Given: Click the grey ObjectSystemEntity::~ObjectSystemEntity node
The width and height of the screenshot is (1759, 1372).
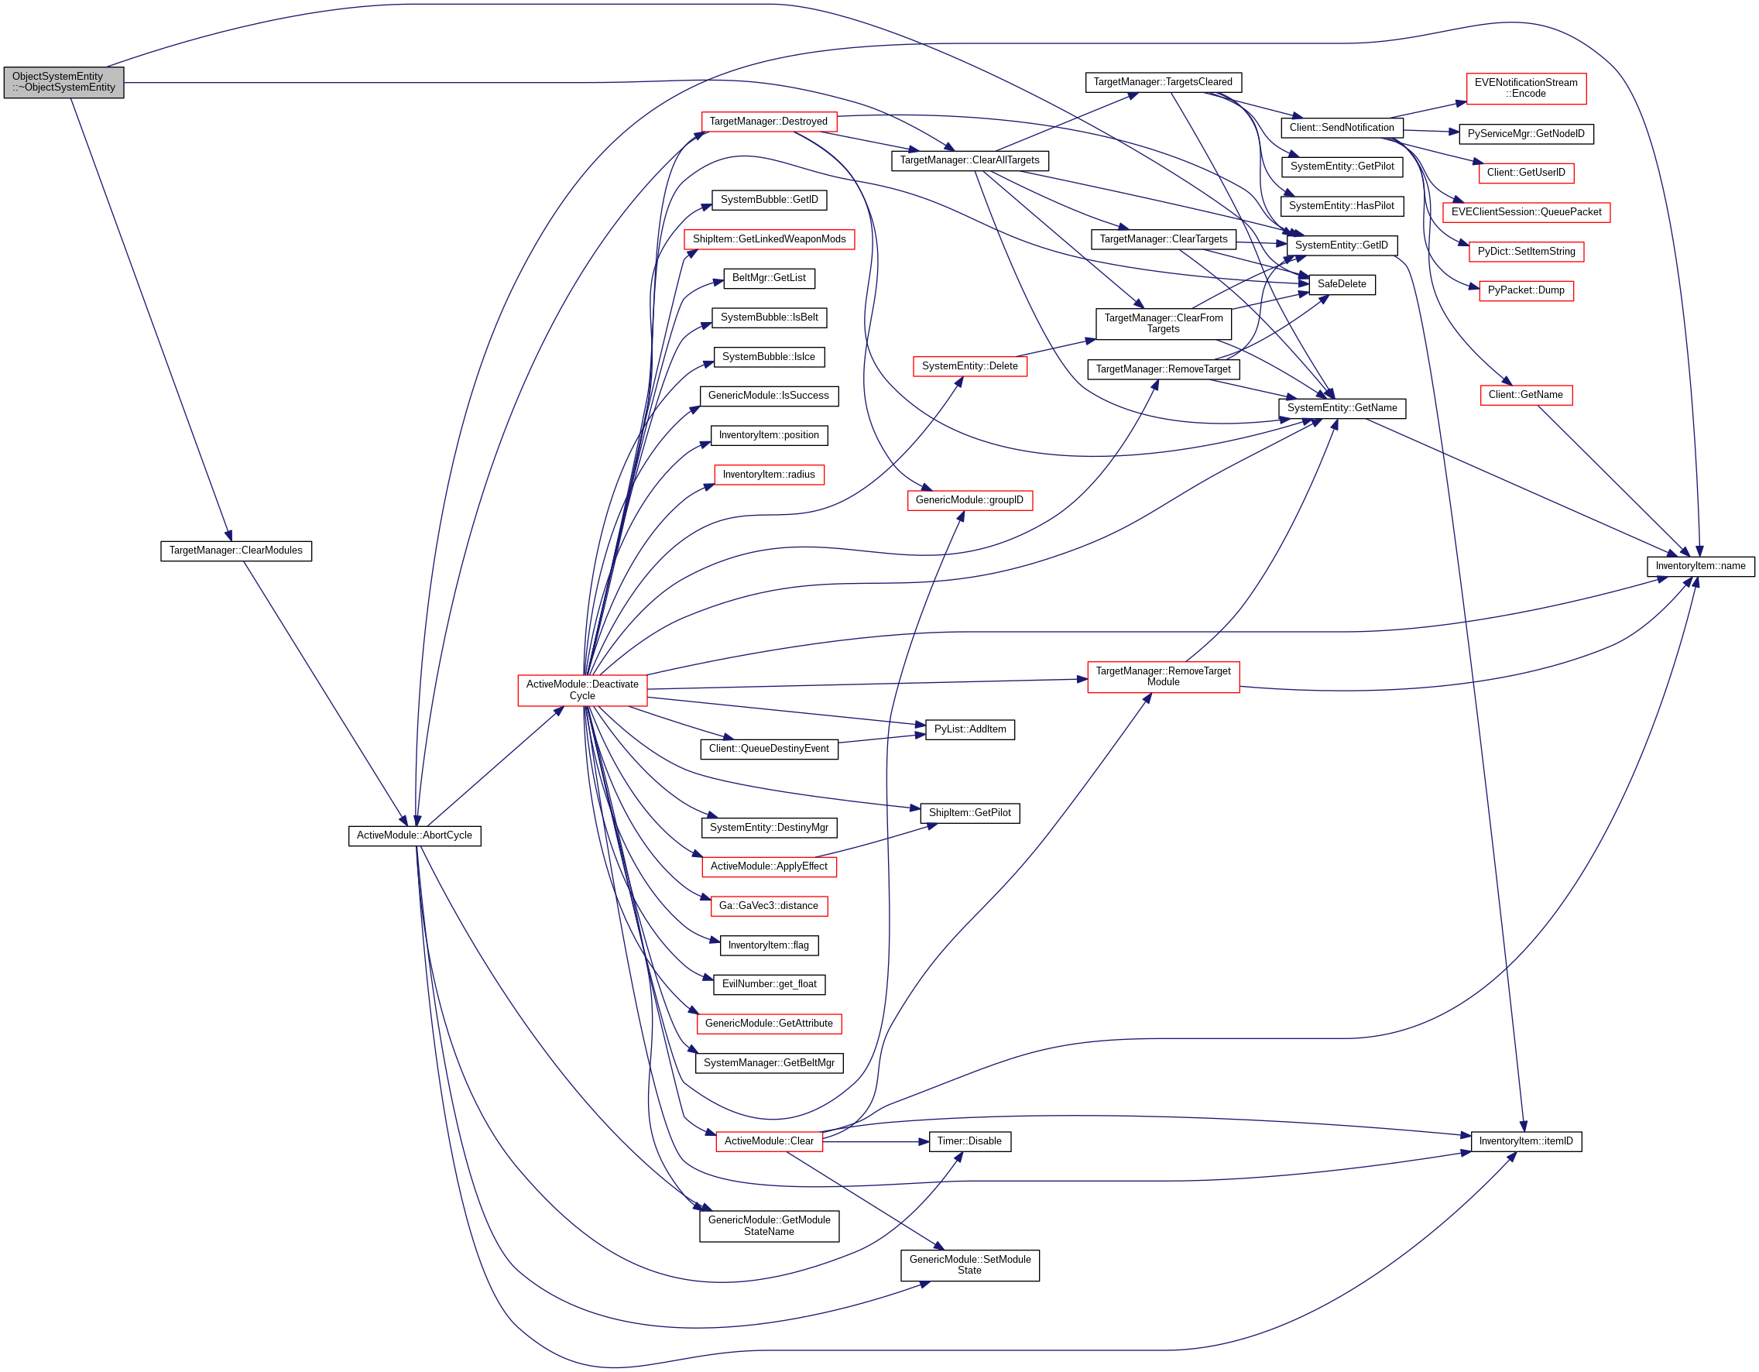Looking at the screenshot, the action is click(63, 82).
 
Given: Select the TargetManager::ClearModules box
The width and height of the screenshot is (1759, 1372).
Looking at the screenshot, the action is click(236, 551).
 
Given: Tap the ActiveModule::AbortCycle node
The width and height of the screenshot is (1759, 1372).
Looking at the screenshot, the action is click(415, 836).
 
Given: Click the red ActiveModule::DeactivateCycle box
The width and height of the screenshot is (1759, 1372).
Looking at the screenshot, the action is click(582, 691).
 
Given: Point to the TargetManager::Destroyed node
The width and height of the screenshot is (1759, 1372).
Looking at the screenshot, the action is click(769, 122).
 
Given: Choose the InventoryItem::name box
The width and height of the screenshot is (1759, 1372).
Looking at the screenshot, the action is click(1701, 566).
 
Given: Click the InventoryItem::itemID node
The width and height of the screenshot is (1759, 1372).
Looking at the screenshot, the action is click(1526, 1141).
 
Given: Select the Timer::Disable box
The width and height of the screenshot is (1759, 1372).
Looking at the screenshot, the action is click(970, 1141).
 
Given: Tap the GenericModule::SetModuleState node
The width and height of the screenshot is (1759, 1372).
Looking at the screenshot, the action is click(970, 1265).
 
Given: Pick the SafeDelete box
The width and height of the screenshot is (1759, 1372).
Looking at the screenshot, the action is click(1342, 284).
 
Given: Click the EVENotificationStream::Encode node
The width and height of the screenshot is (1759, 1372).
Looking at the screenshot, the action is click(1526, 88).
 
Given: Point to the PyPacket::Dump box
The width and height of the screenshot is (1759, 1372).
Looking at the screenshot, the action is click(1526, 291).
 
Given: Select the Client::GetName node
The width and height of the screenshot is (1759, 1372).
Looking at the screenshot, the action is click(1526, 395).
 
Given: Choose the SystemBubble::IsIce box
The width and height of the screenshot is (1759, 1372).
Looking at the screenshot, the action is click(769, 357).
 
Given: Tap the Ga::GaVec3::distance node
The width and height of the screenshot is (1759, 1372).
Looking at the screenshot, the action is click(769, 907).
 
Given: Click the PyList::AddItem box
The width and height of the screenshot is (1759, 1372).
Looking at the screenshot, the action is click(970, 730).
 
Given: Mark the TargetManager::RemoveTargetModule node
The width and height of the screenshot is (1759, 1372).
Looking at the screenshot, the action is click(1164, 677).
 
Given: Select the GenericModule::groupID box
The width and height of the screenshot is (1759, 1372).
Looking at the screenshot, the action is click(970, 500).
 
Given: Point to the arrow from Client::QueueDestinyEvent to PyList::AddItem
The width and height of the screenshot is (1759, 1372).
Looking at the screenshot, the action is click(882, 739).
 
